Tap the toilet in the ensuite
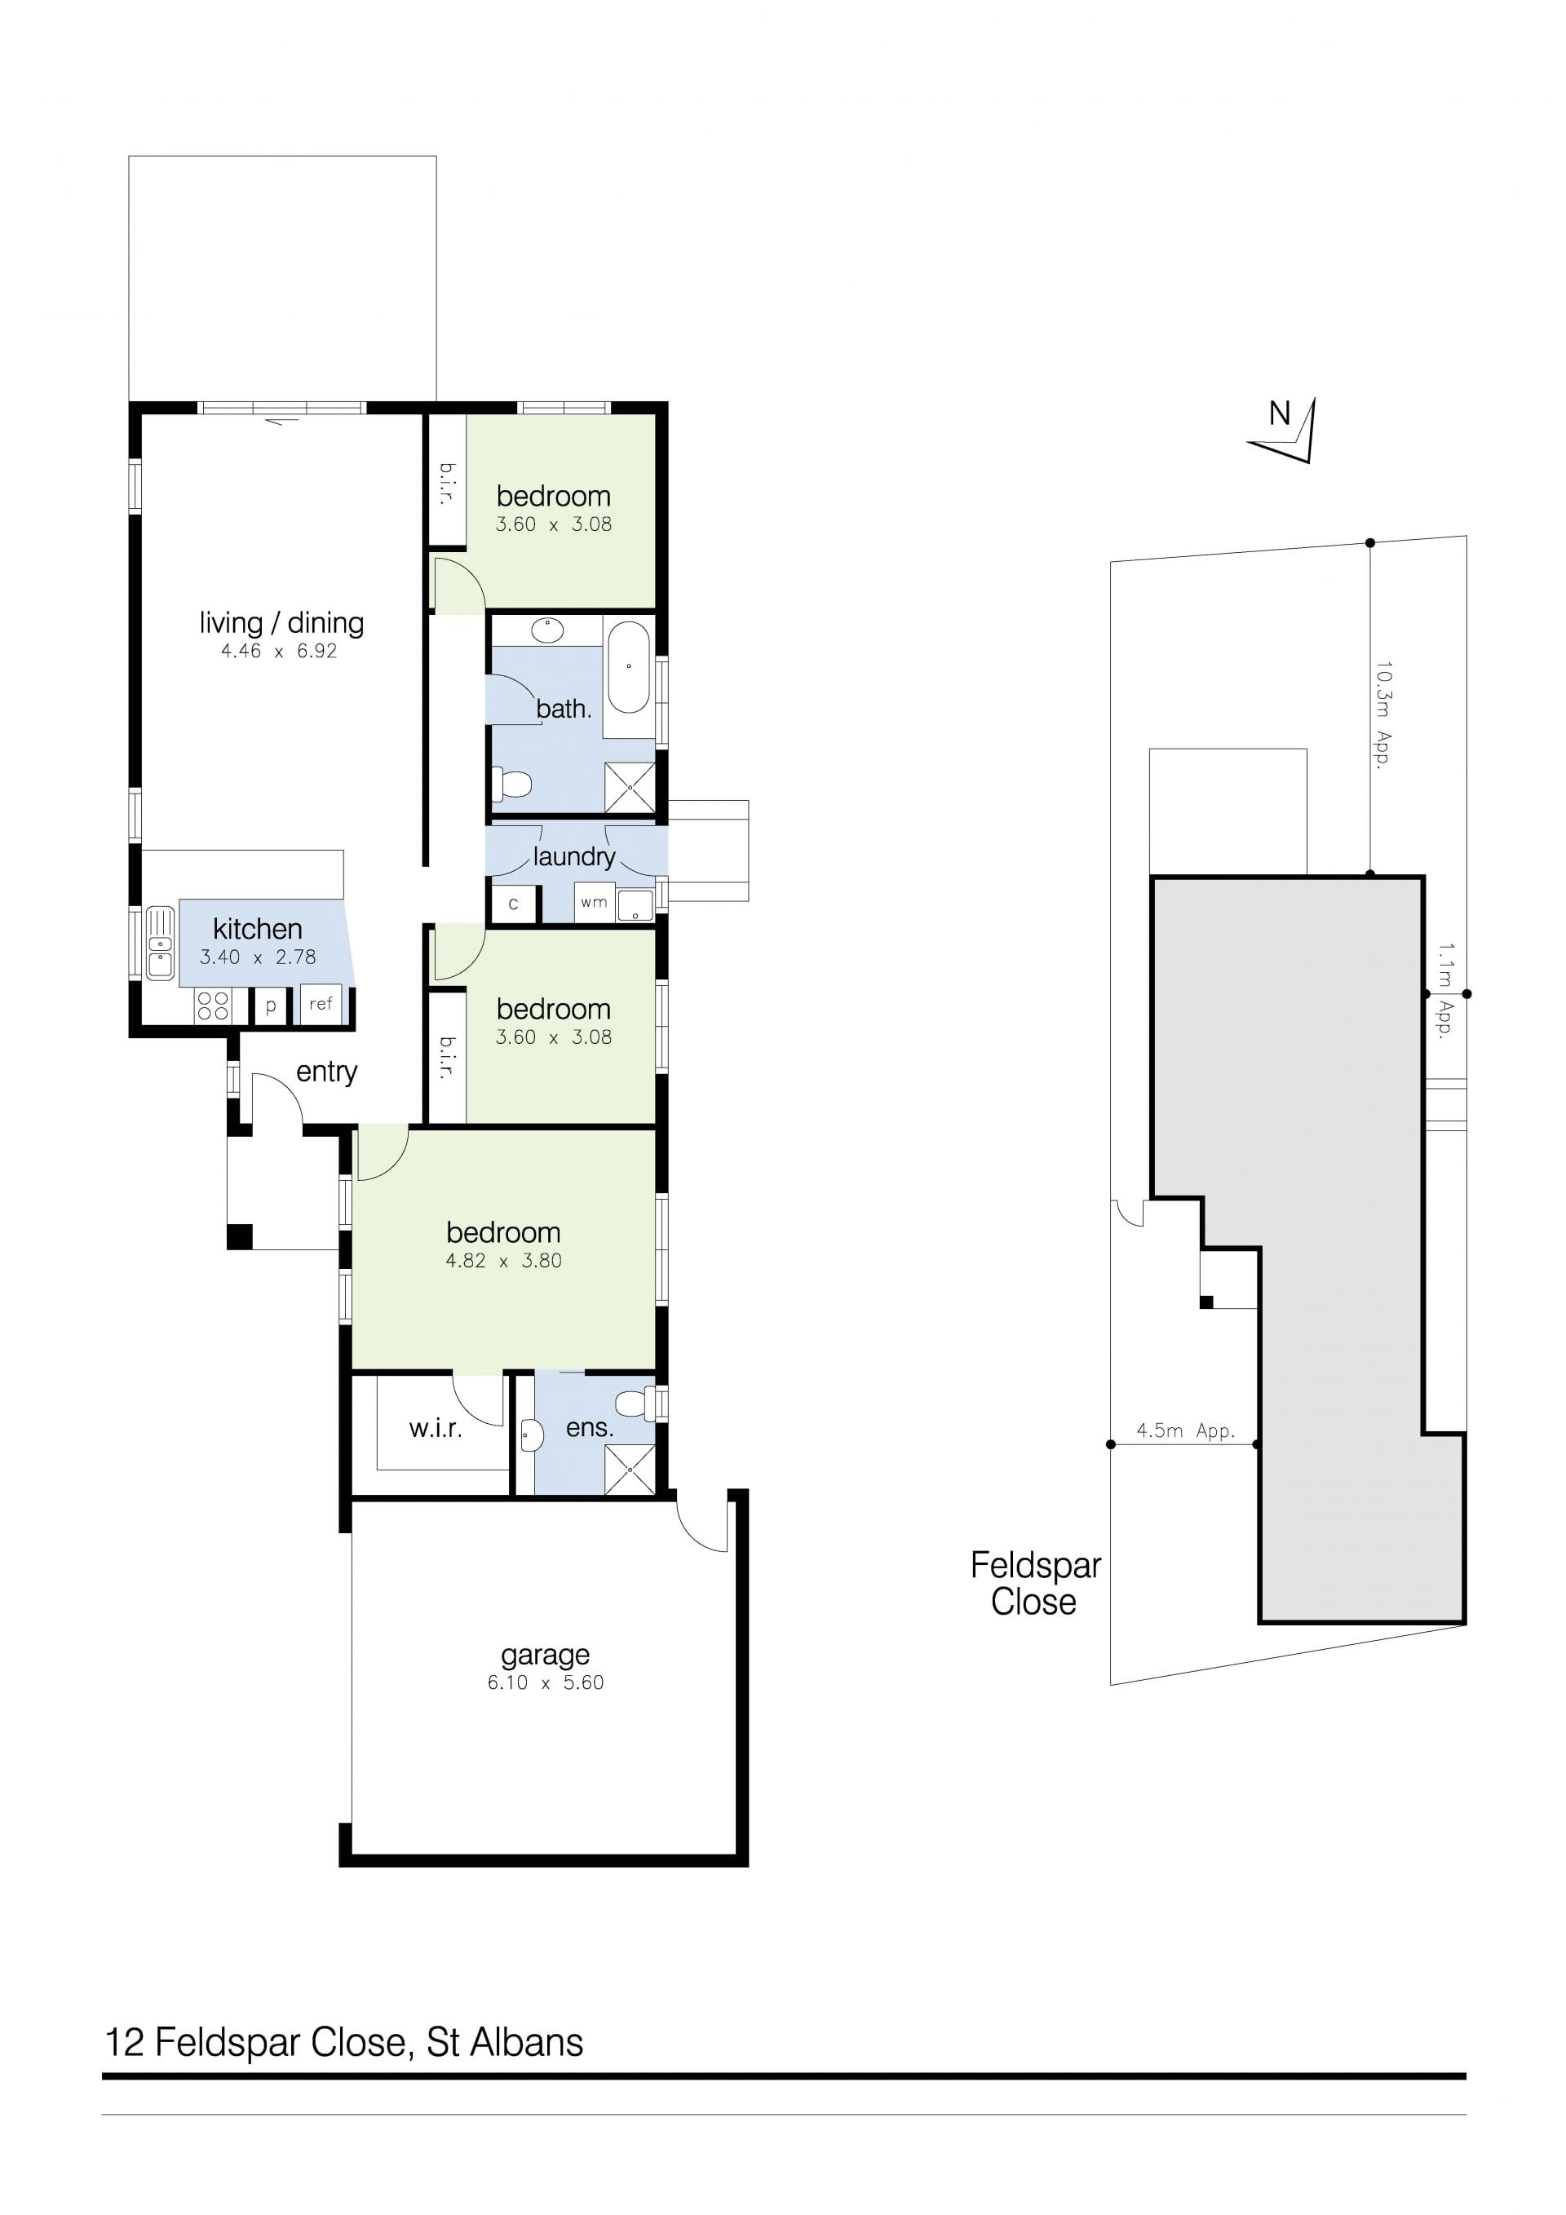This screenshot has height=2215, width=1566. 636,1403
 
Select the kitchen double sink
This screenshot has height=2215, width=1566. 159,943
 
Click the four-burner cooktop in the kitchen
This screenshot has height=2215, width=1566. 212,1006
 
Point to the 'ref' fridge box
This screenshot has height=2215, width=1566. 321,1003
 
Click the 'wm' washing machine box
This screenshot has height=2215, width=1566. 594,902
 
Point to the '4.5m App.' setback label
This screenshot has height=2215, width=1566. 1185,1430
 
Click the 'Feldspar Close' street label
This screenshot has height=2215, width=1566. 1034,1583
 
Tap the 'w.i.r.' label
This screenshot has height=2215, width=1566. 436,1429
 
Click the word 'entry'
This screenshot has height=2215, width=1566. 326,1072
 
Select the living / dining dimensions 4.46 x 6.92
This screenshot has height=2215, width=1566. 279,651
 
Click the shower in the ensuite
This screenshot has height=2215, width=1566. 629,1470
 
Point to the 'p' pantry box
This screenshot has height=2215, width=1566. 271,1006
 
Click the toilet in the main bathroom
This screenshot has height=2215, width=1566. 512,785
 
